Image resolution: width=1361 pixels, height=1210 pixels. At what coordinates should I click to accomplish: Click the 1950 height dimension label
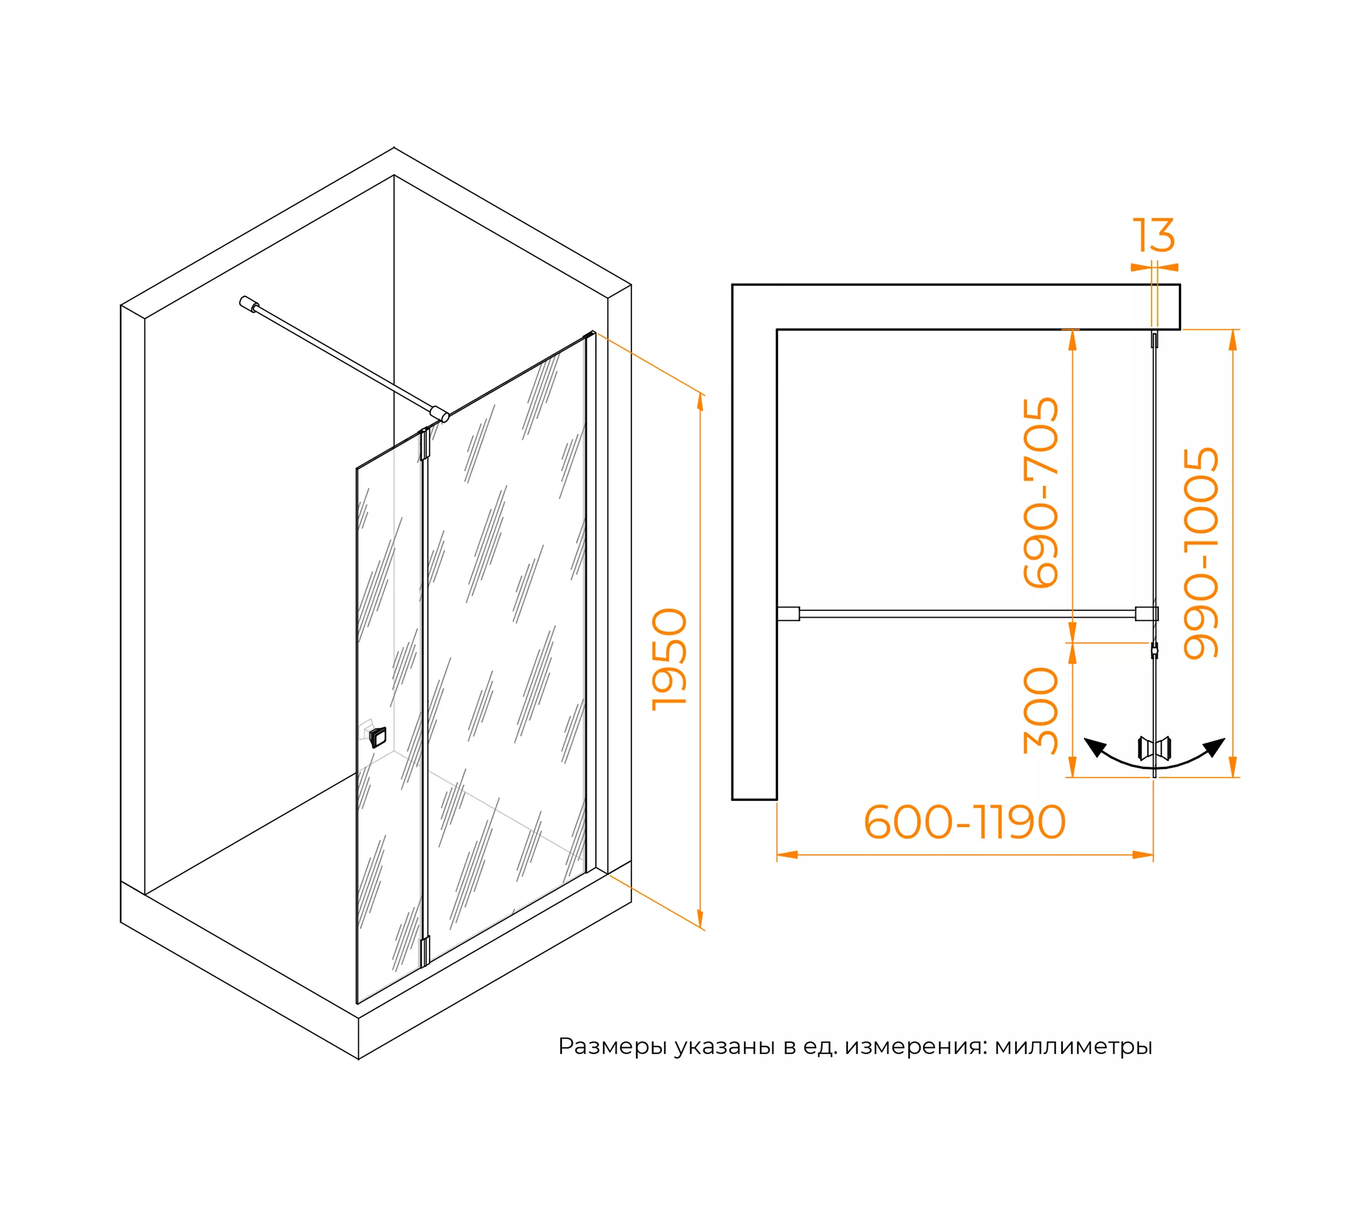[669, 659]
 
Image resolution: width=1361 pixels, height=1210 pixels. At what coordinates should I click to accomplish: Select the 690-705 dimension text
[1041, 493]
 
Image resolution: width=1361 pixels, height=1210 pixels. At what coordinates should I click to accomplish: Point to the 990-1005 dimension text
[1201, 553]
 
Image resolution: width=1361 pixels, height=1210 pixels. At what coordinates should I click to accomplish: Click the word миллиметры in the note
[1073, 1047]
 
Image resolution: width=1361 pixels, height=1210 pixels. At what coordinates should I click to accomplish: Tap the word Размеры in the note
[612, 1047]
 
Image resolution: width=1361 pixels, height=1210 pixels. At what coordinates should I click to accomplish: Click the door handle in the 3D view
[377, 737]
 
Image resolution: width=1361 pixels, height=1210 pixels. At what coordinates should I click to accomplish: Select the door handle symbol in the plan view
[1155, 748]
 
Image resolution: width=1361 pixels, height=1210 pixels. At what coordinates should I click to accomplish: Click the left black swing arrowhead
[1095, 747]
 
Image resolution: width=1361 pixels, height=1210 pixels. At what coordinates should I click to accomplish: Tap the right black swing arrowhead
[1215, 747]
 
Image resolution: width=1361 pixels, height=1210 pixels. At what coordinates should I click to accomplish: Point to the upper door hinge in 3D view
[424, 445]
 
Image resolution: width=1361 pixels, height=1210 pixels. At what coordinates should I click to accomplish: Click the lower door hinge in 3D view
[424, 951]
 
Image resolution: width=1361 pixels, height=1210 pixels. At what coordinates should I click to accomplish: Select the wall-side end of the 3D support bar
[249, 304]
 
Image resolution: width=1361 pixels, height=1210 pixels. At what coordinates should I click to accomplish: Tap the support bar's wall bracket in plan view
[788, 613]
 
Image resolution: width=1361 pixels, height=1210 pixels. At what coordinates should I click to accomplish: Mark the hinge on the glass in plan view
[1155, 650]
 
